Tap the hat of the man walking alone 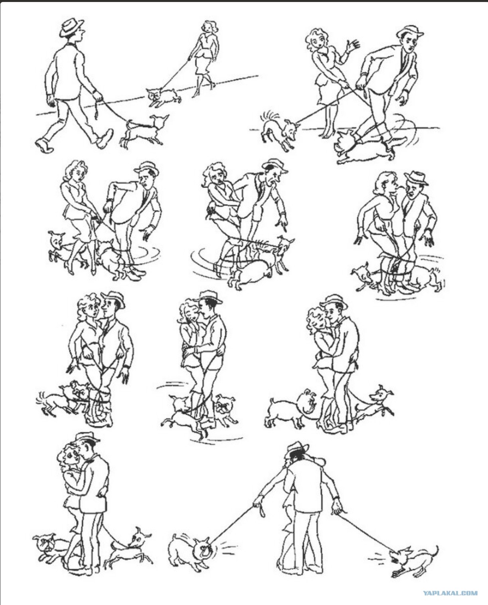point(71,27)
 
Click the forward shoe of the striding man point(105,138)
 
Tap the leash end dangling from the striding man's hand point(97,111)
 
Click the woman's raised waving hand point(353,46)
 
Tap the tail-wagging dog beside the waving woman point(278,129)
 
